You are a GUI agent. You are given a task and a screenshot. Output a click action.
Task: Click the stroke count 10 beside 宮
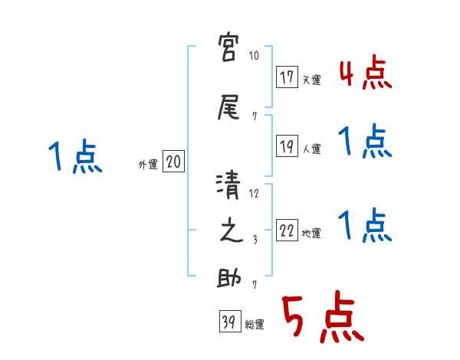point(255,57)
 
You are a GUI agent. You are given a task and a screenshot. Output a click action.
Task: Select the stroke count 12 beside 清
point(255,194)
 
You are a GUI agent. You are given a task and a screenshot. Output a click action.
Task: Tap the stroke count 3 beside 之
point(255,240)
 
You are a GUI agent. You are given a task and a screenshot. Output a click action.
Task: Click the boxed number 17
point(287,77)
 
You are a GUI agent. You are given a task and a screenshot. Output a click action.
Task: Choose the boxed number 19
point(287,146)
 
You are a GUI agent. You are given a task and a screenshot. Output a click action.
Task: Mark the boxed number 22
point(287,231)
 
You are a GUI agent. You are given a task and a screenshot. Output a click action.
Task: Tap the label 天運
point(311,80)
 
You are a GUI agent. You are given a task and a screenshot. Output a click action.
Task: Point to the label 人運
point(311,149)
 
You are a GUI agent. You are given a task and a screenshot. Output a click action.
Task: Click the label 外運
point(148,163)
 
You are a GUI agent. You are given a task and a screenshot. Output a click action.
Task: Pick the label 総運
point(255,324)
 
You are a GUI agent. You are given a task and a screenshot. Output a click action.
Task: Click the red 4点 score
point(364,74)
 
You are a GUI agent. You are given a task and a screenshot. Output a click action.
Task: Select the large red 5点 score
point(321,318)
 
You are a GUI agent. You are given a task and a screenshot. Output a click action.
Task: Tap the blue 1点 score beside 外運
point(74,157)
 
